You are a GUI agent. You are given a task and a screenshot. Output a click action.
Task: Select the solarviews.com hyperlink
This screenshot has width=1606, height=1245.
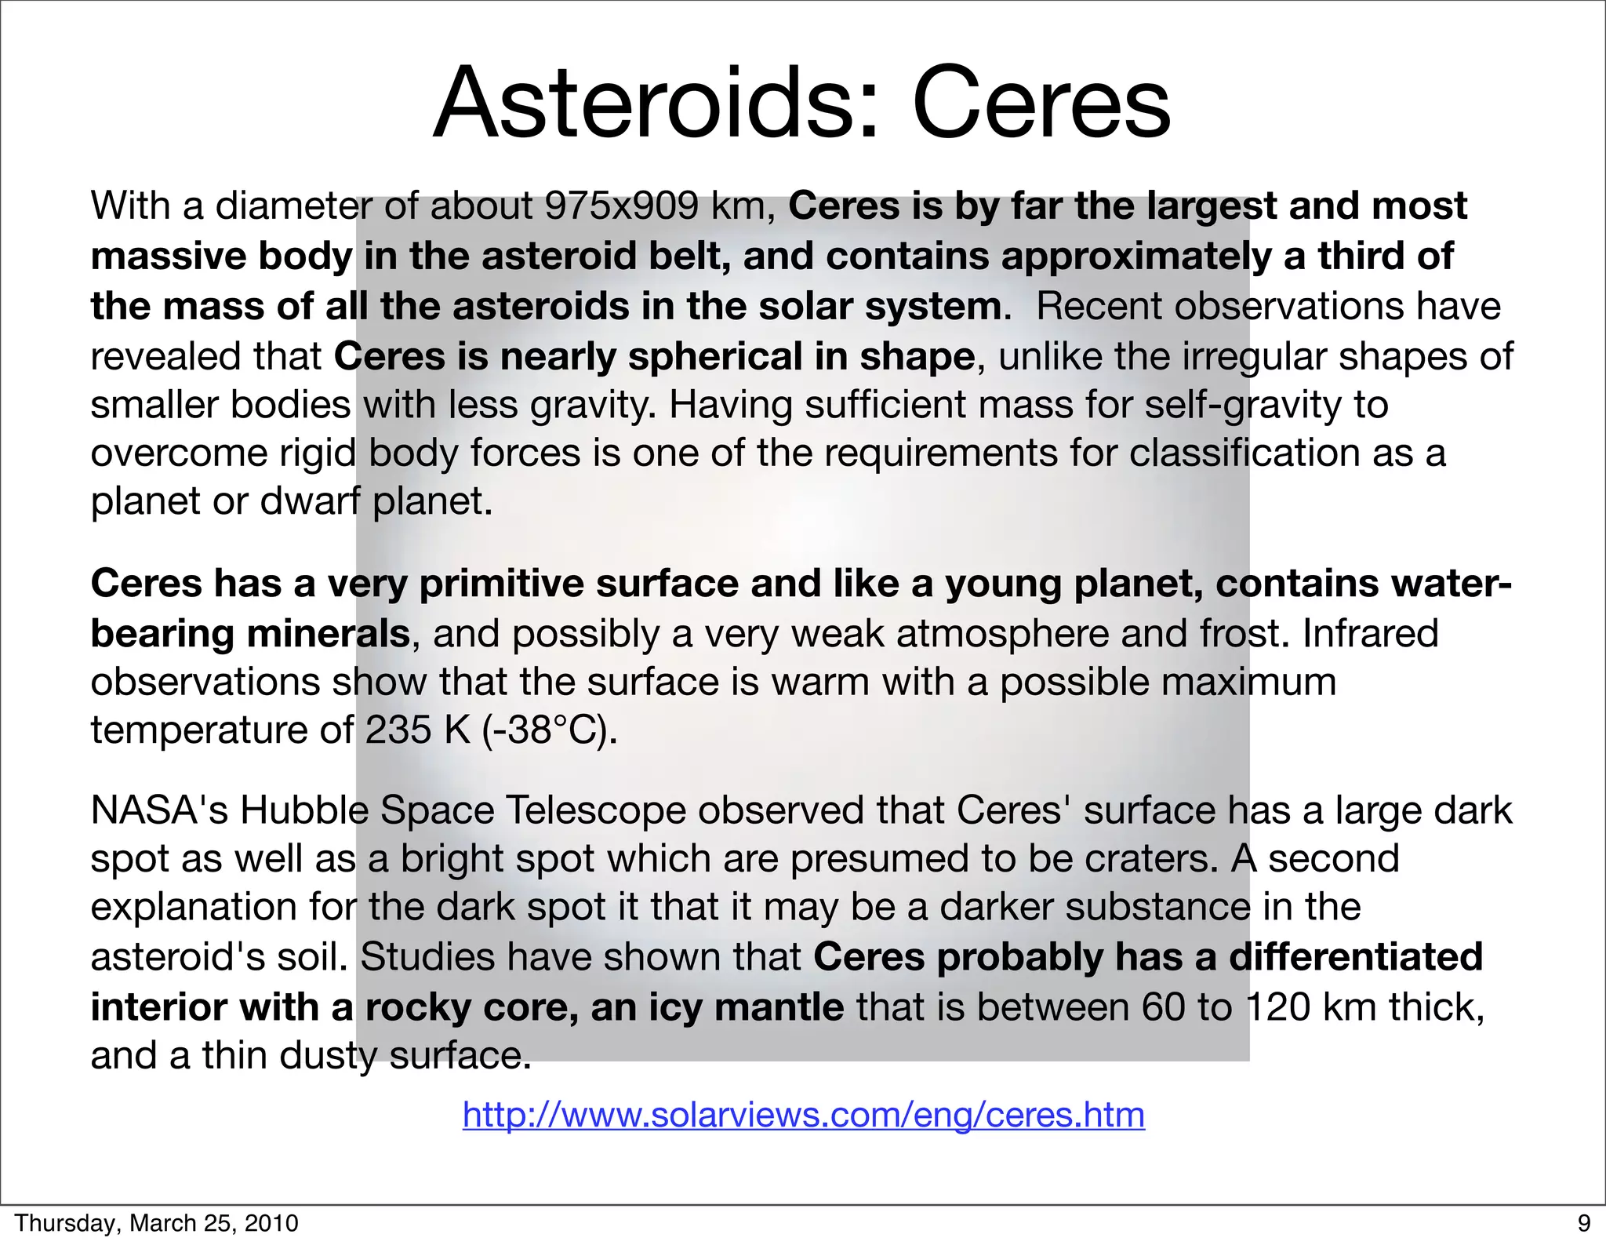pyautogui.click(x=804, y=1114)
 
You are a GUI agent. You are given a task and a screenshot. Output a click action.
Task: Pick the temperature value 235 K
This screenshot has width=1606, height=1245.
pyautogui.click(x=417, y=730)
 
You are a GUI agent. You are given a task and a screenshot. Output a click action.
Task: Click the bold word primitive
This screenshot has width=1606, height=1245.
pyautogui.click(x=503, y=584)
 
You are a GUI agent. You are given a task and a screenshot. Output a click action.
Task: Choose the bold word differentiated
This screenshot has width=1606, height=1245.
pyautogui.click(x=1356, y=957)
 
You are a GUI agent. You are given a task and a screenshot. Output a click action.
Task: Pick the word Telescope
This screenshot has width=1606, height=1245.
pyautogui.click(x=596, y=810)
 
